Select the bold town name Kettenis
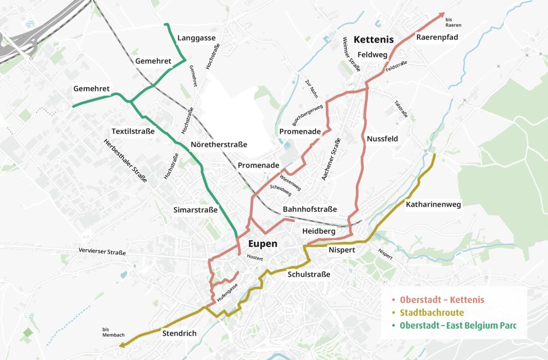pyautogui.click(x=373, y=39)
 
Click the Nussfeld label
pyautogui.click(x=382, y=139)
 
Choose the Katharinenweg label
pyautogui.click(x=433, y=204)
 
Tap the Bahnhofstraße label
pyautogui.click(x=309, y=209)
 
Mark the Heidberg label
pyautogui.click(x=318, y=232)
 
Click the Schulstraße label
pyautogui.click(x=309, y=274)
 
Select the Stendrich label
pyautogui.click(x=179, y=333)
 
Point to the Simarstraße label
pyautogui.click(x=195, y=210)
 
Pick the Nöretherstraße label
pyautogui.click(x=219, y=145)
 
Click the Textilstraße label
pyautogui.click(x=133, y=131)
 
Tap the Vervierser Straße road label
pyautogui.click(x=102, y=252)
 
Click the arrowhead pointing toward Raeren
pyautogui.click(x=441, y=15)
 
